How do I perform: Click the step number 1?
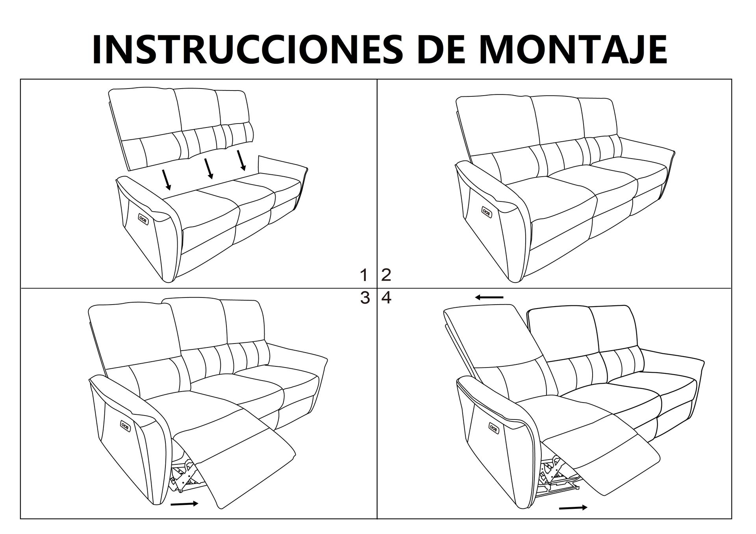365,275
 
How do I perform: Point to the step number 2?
386,275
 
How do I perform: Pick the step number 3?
365,298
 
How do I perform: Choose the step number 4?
386,298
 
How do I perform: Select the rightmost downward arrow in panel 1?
241,160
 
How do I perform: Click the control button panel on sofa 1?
143,218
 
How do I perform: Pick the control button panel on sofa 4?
494,427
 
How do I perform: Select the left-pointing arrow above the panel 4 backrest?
489,297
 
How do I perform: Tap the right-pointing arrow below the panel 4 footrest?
573,508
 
